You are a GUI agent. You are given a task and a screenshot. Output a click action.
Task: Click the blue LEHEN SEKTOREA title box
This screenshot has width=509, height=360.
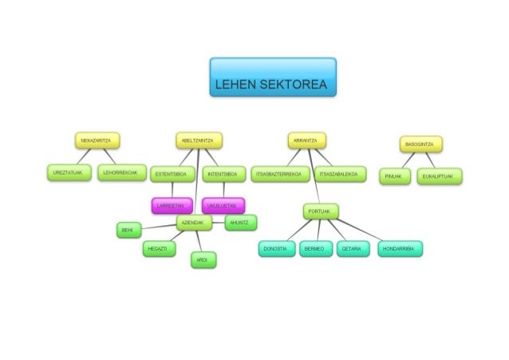[x=272, y=77]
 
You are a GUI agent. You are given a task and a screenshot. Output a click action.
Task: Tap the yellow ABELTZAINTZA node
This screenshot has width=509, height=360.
[x=199, y=140]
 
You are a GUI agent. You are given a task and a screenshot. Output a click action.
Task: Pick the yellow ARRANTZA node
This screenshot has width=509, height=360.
[x=306, y=140]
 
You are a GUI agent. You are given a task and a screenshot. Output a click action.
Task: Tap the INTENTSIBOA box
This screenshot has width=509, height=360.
[x=224, y=174]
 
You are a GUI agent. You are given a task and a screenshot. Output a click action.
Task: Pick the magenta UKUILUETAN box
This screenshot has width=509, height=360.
[x=223, y=205]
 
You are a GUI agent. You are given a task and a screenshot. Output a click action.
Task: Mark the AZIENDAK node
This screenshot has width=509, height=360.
[x=195, y=223]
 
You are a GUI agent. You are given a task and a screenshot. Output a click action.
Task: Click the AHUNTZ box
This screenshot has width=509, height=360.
[x=240, y=222]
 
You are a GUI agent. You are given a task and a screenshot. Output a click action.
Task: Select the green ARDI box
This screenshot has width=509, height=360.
[x=203, y=260]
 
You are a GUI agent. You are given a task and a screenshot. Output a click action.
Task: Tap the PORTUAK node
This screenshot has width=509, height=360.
[x=321, y=211]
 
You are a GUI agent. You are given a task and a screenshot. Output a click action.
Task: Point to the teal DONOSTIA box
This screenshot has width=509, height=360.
[x=275, y=249]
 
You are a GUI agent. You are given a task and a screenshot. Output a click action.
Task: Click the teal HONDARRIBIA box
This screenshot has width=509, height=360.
[x=400, y=249]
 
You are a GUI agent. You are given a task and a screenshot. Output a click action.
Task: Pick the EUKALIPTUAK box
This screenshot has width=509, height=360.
[x=440, y=176]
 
